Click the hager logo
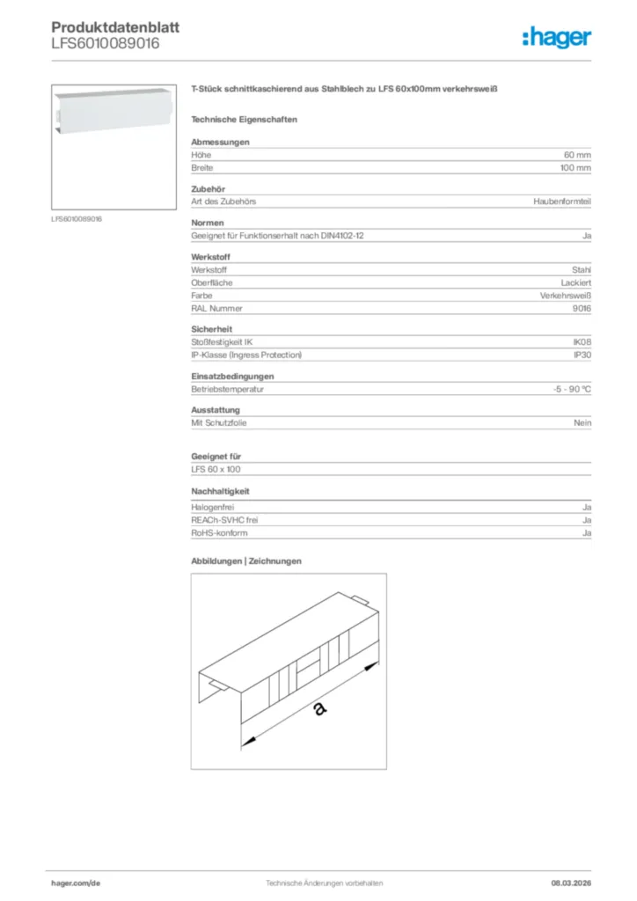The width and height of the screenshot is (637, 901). pyautogui.click(x=556, y=37)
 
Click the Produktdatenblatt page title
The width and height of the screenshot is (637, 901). pyautogui.click(x=115, y=27)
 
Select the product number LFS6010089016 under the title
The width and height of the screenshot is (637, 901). pyautogui.click(x=106, y=43)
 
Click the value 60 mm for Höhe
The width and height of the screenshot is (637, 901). pyautogui.click(x=577, y=154)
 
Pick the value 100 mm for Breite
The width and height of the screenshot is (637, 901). pyautogui.click(x=575, y=167)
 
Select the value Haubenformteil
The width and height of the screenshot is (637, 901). pyautogui.click(x=562, y=201)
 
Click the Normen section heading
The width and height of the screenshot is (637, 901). pyautogui.click(x=208, y=223)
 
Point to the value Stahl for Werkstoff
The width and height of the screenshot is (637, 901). pyautogui.click(x=581, y=270)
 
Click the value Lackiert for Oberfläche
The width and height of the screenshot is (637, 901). pyautogui.click(x=575, y=283)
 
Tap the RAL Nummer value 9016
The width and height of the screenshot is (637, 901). pyautogui.click(x=582, y=309)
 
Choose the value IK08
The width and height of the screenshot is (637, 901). pyautogui.click(x=582, y=341)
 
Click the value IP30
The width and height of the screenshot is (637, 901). pyautogui.click(x=582, y=355)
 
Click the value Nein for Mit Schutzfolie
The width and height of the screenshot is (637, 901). pyautogui.click(x=582, y=423)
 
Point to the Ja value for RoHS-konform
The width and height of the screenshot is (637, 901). pyautogui.click(x=586, y=533)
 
